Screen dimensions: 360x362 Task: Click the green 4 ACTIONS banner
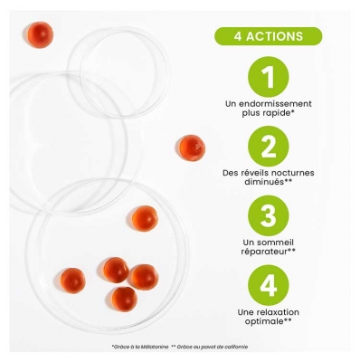tap(268, 36)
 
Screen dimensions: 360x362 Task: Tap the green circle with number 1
tap(268, 77)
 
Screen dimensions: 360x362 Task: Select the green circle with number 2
tap(268, 146)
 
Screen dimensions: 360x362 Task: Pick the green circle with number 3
tap(268, 215)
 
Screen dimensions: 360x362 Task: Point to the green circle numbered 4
tap(268, 285)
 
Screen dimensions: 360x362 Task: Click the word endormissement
tap(275, 104)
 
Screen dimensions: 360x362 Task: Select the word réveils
tap(254, 173)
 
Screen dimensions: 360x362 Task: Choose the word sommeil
tap(273, 243)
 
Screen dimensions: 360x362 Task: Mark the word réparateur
tap(264, 252)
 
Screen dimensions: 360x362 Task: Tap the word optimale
tap(264, 321)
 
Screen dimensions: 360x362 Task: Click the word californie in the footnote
tap(238, 347)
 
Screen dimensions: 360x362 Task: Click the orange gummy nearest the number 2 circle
tap(191, 148)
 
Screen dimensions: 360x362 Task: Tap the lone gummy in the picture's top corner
tap(40, 35)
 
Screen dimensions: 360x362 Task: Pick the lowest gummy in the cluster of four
tap(124, 300)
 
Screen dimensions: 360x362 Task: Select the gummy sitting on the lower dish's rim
tap(145, 218)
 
